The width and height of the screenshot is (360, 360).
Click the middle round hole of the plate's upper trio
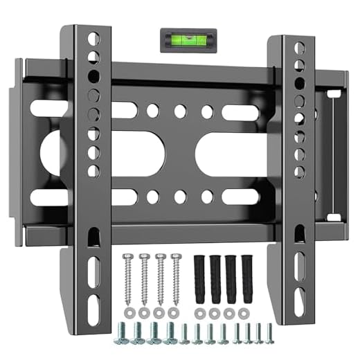[x=179, y=110]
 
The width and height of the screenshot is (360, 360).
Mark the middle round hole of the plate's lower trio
[x=179, y=195]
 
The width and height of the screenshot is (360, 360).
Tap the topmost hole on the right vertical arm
[x=300, y=48]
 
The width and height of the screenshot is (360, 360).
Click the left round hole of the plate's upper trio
[x=152, y=110]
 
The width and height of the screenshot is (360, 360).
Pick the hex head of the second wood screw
[x=144, y=255]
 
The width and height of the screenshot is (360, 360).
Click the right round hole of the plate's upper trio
[x=206, y=110]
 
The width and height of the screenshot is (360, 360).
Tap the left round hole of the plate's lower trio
[x=152, y=195]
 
